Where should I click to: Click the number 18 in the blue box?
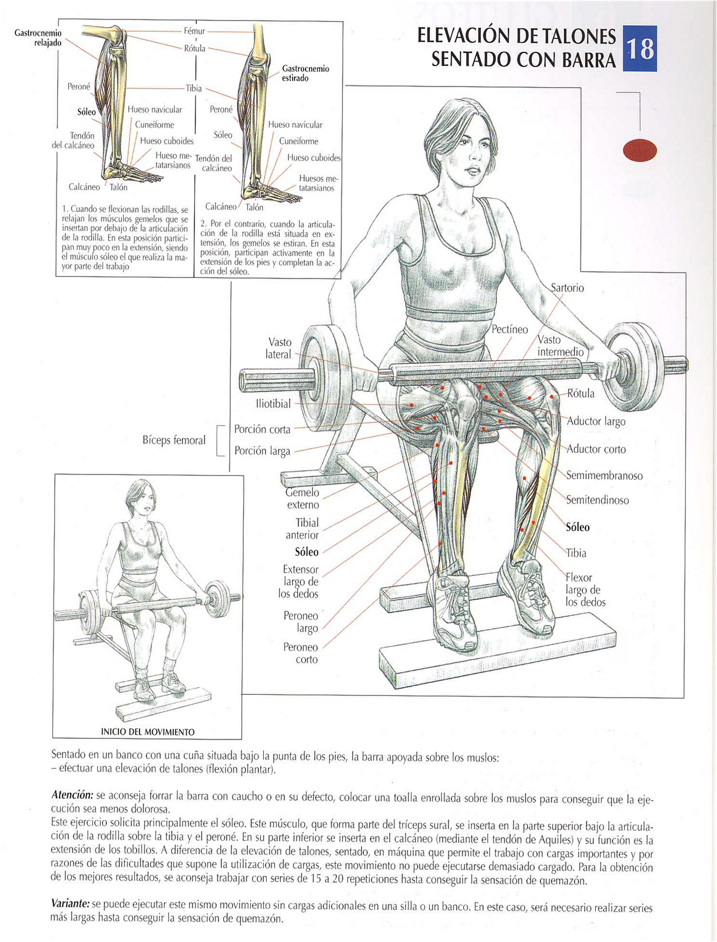pyautogui.click(x=640, y=48)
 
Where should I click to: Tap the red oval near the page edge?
pyautogui.click(x=640, y=150)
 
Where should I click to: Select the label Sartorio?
pyautogui.click(x=567, y=288)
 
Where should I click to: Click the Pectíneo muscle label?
pyautogui.click(x=510, y=330)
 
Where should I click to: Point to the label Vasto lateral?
pyautogui.click(x=279, y=348)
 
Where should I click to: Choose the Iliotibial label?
pyautogui.click(x=273, y=404)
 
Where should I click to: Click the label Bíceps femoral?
pyautogui.click(x=174, y=440)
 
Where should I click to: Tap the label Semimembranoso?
pyautogui.click(x=605, y=476)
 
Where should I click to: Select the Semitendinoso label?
pyautogui.click(x=597, y=500)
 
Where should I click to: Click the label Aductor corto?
pyautogui.click(x=596, y=449)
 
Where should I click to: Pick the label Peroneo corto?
pyautogui.click(x=300, y=653)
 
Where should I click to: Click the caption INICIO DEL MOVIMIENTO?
pyautogui.click(x=148, y=732)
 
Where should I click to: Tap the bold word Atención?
pyautogui.click(x=72, y=795)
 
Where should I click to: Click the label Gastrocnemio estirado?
pyautogui.click(x=306, y=74)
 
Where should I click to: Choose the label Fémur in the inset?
pyautogui.click(x=194, y=31)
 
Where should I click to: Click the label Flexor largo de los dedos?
pyautogui.click(x=585, y=590)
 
